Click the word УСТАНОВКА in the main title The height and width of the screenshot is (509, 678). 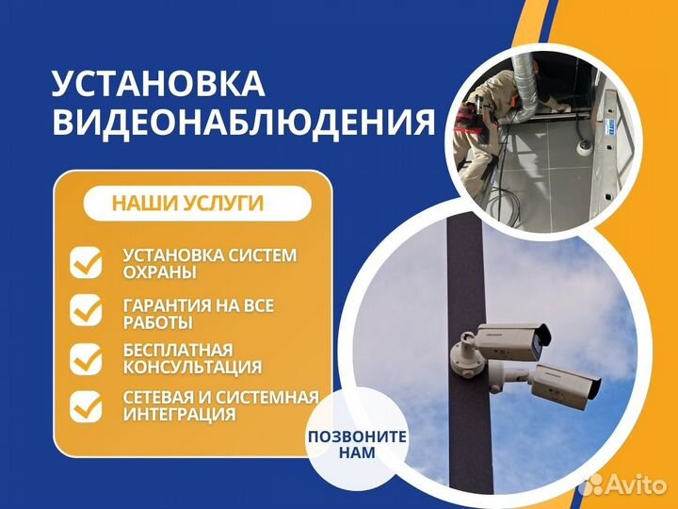tap(158, 83)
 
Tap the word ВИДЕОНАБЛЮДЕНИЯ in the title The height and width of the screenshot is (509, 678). tap(244, 122)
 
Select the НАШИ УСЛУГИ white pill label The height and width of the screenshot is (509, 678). tap(197, 204)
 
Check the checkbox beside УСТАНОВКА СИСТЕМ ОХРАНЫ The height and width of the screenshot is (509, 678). tap(86, 263)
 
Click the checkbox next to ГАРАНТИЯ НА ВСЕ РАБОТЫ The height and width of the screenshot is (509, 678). tap(86, 310)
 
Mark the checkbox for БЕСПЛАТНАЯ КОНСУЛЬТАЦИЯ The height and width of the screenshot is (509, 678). tap(86, 359)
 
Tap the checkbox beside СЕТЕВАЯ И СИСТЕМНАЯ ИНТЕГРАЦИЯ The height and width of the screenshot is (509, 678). tap(86, 406)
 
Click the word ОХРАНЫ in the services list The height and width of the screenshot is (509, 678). tap(159, 273)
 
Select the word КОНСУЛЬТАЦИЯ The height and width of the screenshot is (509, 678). tap(192, 367)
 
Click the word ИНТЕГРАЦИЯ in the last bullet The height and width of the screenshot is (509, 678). tap(180, 414)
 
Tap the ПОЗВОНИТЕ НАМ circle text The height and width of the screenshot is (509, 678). tap(357, 444)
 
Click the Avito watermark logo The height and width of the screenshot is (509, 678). tap(623, 484)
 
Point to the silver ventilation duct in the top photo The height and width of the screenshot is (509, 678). tap(523, 89)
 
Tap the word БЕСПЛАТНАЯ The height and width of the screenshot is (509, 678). tap(178, 351)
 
